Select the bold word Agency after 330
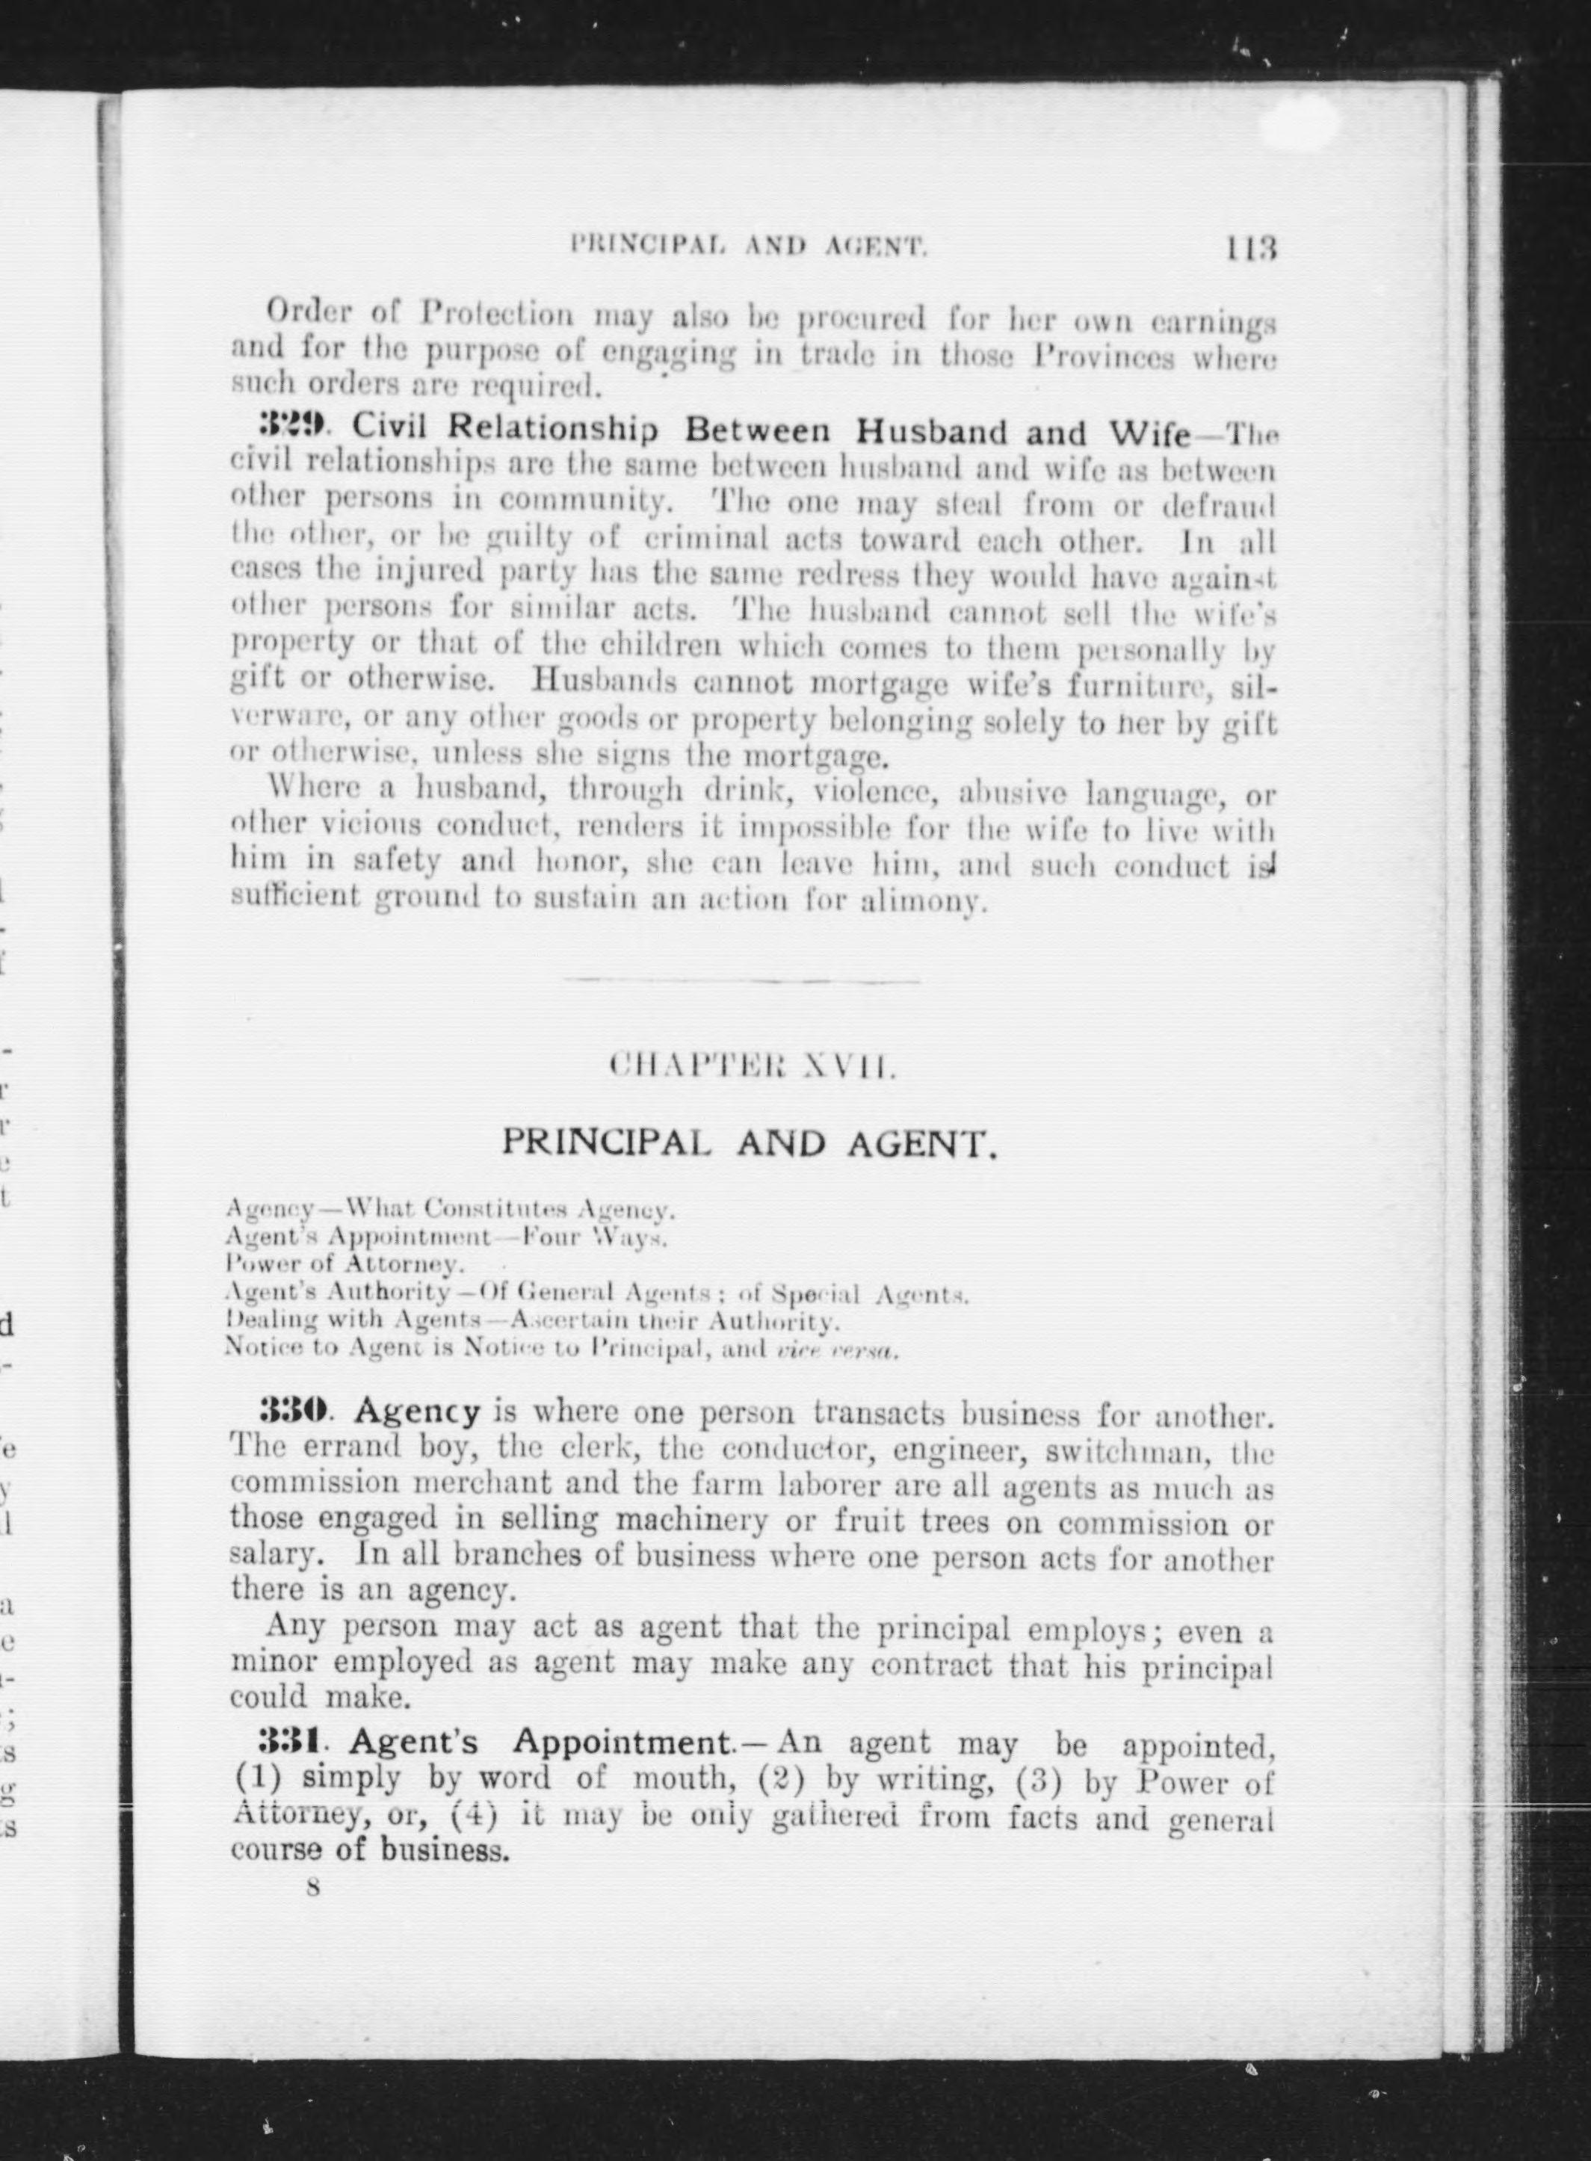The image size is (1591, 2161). point(417,1413)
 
